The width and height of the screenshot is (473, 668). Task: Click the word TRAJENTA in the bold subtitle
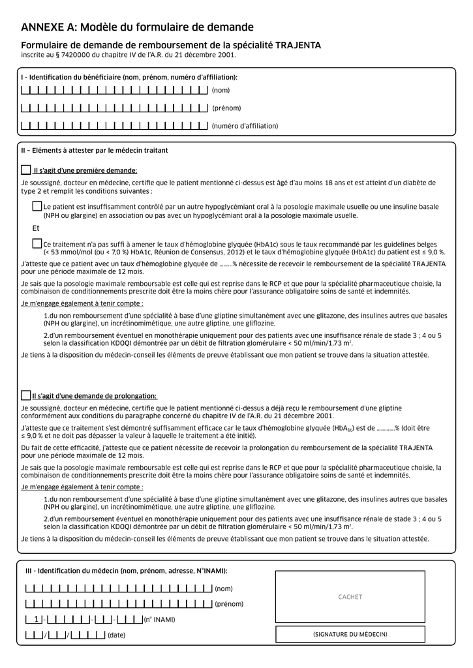coord(298,45)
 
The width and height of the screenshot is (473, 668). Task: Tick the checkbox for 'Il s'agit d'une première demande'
coord(26,170)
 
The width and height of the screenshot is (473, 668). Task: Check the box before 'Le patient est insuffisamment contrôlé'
coord(37,206)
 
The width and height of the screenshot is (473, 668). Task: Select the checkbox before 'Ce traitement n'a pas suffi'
coord(37,243)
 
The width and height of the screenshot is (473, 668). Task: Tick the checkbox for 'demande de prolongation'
coord(26,395)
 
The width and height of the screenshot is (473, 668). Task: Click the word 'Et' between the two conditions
coord(36,228)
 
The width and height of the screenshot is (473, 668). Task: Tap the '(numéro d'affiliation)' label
coord(245,126)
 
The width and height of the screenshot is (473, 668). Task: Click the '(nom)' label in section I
coord(221,90)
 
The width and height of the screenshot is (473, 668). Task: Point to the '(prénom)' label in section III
coord(229,604)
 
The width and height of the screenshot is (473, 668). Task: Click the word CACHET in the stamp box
coord(350,597)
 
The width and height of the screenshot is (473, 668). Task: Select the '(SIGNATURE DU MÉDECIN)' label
coord(350,634)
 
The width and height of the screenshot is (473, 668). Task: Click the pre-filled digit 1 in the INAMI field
coord(37,619)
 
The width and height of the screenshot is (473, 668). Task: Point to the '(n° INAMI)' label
coord(160,619)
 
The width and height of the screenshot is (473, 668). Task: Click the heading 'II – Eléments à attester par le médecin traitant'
coord(95,151)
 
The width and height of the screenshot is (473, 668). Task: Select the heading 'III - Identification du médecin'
coord(126,571)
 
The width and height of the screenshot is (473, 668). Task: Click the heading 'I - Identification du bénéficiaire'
coord(129,78)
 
